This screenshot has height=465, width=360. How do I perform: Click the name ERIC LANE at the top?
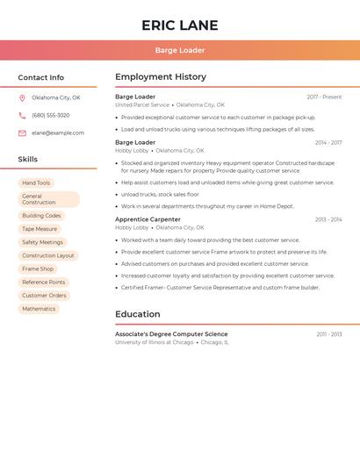click(179, 25)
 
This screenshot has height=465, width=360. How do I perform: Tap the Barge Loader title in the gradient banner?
click(179, 50)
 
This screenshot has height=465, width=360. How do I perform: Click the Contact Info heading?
click(40, 77)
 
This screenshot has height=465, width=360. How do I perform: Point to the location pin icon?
click(22, 97)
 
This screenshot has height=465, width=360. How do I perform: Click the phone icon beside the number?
click(22, 115)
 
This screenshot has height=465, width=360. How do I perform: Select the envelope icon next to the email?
click(22, 133)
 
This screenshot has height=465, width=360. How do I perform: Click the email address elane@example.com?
click(58, 133)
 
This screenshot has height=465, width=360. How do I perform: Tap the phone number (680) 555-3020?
click(51, 115)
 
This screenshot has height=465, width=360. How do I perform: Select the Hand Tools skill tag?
click(36, 182)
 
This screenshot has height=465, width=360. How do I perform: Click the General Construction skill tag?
click(48, 199)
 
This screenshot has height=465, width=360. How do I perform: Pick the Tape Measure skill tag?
click(40, 229)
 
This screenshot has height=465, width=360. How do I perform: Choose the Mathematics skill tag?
click(39, 309)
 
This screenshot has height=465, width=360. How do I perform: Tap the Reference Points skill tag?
click(44, 283)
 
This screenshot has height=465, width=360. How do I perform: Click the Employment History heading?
click(161, 77)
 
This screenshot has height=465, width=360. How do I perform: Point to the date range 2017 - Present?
click(324, 97)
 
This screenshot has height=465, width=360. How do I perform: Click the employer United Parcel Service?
click(142, 105)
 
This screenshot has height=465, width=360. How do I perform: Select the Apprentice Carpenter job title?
click(148, 219)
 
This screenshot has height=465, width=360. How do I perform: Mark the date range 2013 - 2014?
click(328, 220)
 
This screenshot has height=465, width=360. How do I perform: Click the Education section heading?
click(138, 314)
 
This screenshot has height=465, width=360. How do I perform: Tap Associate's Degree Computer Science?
click(171, 334)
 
